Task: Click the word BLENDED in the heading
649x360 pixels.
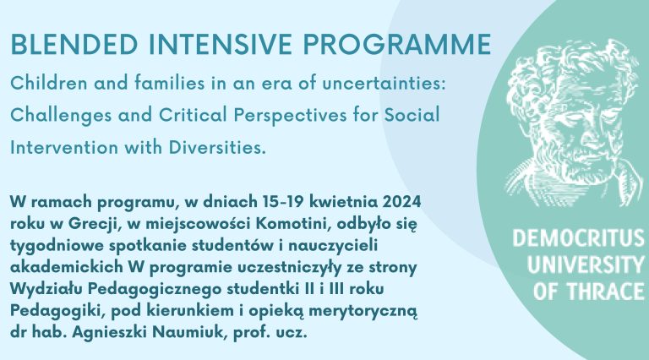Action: pos(74,44)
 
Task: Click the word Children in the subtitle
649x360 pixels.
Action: pos(49,83)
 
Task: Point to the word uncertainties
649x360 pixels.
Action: pos(384,83)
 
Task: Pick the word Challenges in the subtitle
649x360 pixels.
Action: pos(61,115)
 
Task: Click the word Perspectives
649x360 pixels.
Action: pos(290,115)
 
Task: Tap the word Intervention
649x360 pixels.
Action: pos(64,147)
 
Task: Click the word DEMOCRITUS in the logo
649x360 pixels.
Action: pos(579,238)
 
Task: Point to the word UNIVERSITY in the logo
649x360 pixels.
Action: pos(586,265)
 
